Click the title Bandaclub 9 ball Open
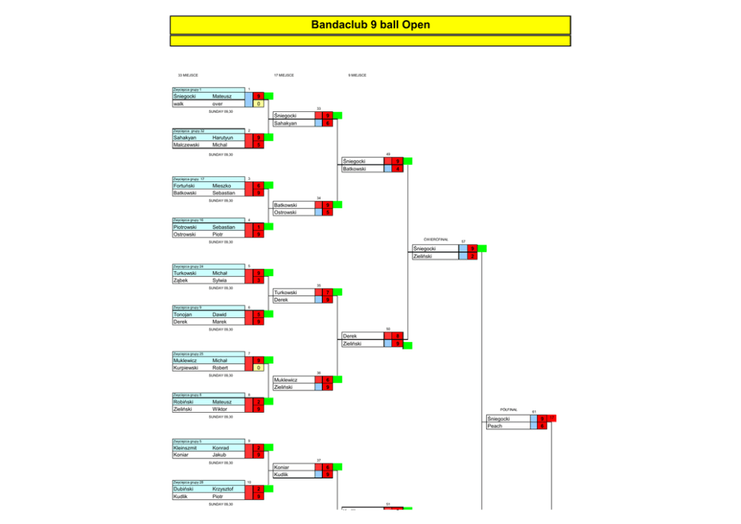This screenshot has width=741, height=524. [x=370, y=25]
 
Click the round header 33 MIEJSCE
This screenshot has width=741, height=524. [x=187, y=75]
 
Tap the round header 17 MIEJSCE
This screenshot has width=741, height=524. [x=284, y=75]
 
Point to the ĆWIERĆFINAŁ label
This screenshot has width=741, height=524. [x=435, y=239]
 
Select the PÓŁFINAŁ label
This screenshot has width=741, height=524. [x=509, y=410]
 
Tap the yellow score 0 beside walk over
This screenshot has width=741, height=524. [x=258, y=104]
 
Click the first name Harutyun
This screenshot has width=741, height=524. [x=223, y=138]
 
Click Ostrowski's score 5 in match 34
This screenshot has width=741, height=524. [x=328, y=212]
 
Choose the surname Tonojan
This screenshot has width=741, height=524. [x=183, y=315]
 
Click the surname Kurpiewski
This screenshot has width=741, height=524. [x=185, y=367]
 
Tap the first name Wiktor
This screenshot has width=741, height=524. [x=219, y=409]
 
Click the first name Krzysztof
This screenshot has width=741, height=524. [x=223, y=489]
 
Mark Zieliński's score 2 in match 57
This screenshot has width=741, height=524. [x=472, y=256]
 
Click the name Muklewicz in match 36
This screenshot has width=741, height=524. [x=288, y=380]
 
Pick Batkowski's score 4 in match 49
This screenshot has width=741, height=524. [x=398, y=169]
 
